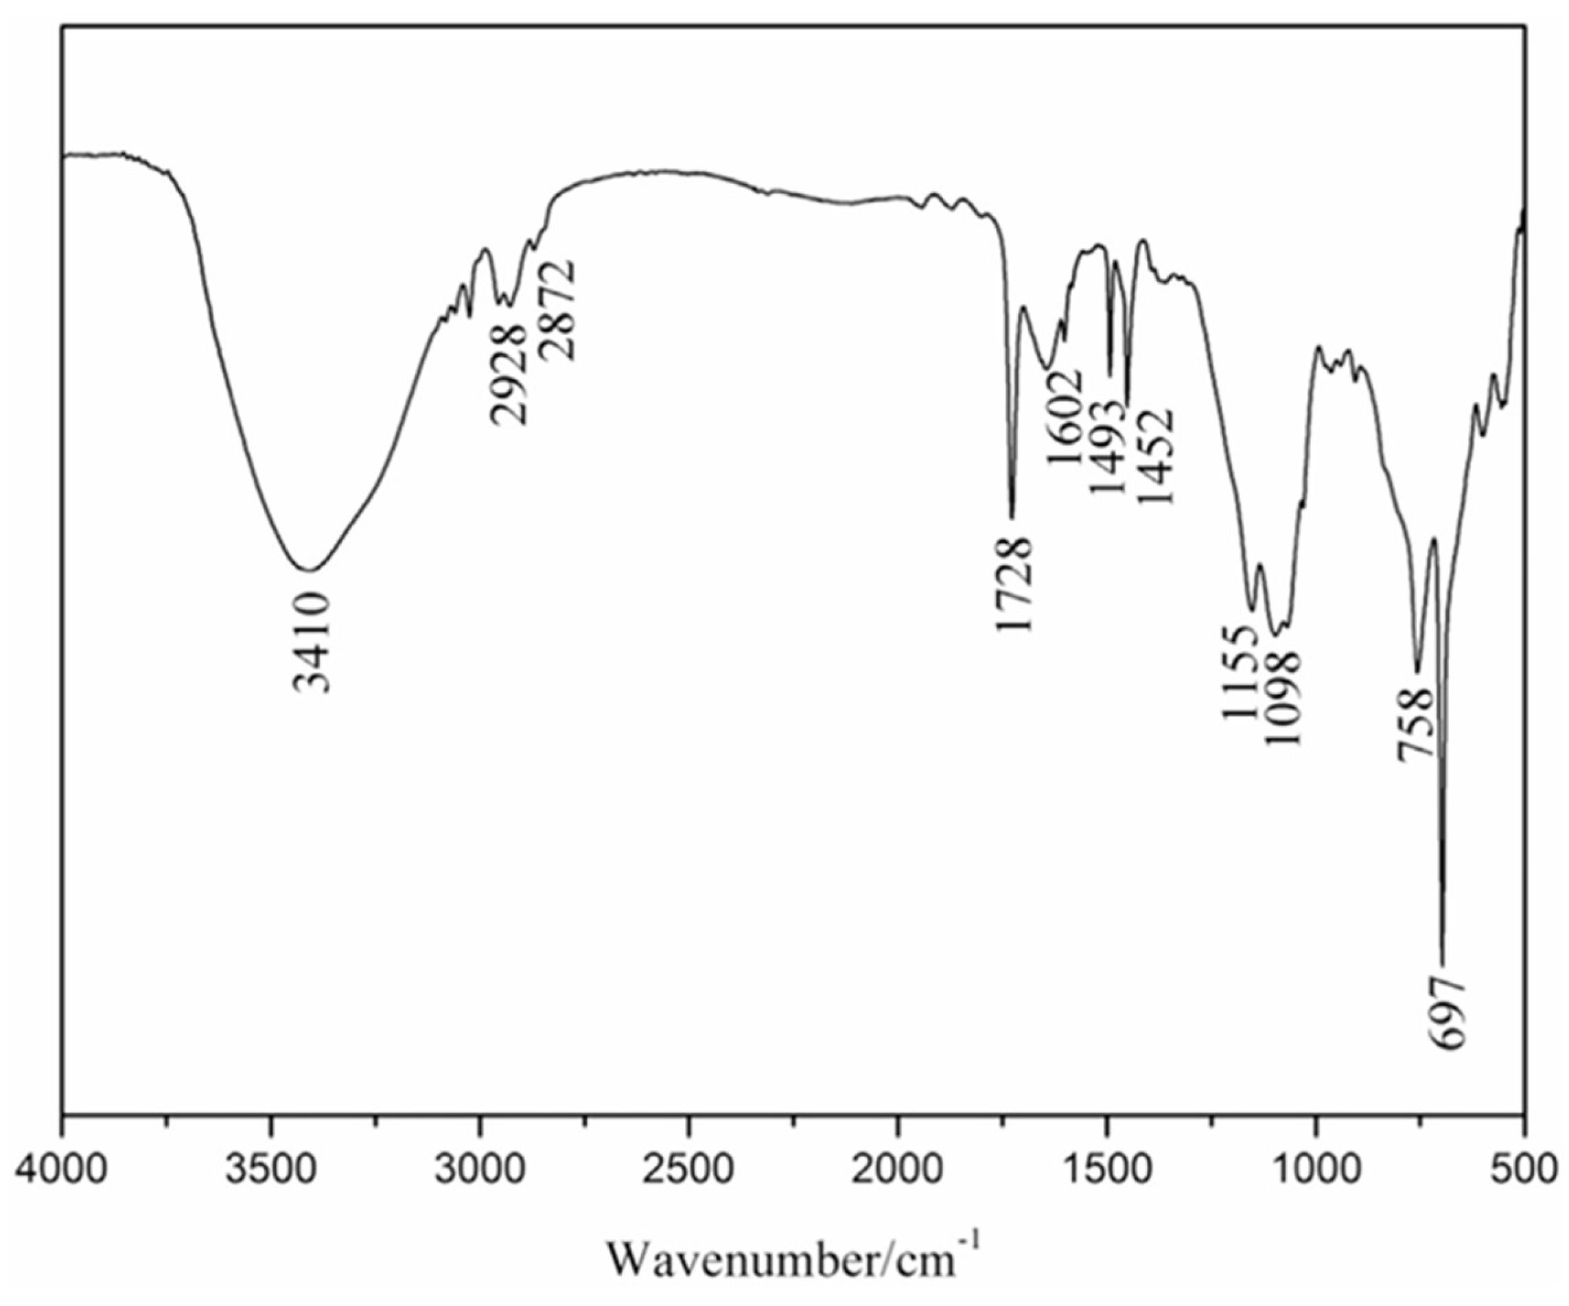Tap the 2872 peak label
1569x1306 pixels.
559,311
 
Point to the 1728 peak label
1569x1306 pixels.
1014,585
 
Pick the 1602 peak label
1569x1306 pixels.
1064,415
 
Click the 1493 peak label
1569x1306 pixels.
1106,447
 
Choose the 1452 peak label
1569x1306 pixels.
1156,456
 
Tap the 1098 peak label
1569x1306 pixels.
1283,697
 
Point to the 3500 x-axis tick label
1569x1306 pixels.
271,1169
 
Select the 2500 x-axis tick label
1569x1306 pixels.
689,1169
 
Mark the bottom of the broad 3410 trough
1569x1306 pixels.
307,570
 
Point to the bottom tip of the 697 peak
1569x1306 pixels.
1443,964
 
